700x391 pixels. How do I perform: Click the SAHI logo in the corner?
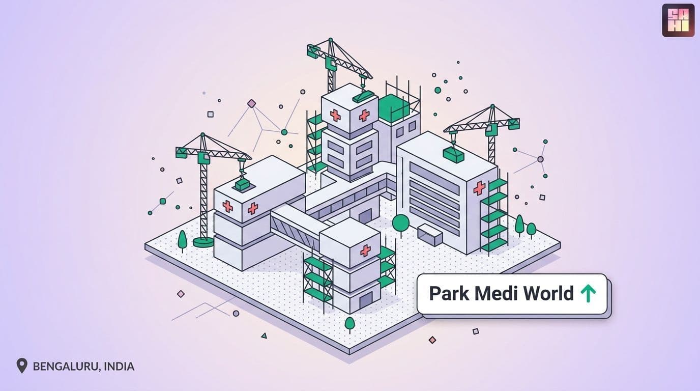pyautogui.click(x=678, y=20)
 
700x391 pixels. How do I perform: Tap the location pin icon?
pyautogui.click(x=22, y=366)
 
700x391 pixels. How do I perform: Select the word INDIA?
pyautogui.click(x=119, y=366)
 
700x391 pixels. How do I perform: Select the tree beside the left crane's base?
pyautogui.click(x=182, y=241)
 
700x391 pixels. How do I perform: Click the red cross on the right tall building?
pyautogui.click(x=479, y=188)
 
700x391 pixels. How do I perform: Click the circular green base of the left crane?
pyautogui.click(x=203, y=242)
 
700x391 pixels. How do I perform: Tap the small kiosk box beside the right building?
pyautogui.click(x=430, y=234)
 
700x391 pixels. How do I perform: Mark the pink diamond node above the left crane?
pyautogui.click(x=251, y=103)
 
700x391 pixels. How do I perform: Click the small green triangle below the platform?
pyautogui.click(x=264, y=336)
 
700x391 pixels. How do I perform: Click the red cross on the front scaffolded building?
pyautogui.click(x=365, y=250)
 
